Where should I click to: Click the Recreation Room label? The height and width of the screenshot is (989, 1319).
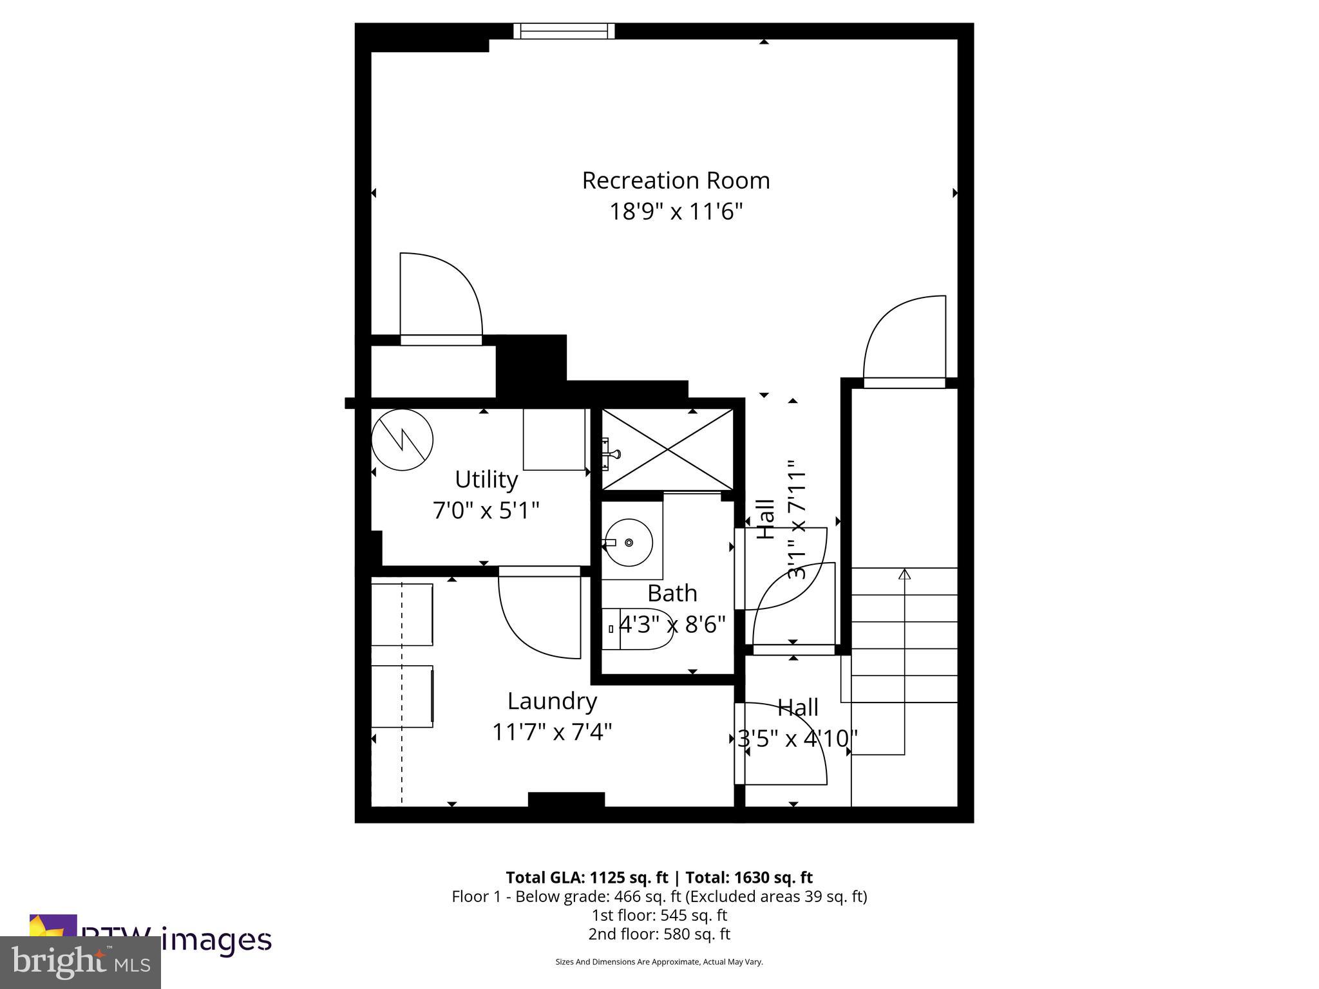tap(676, 180)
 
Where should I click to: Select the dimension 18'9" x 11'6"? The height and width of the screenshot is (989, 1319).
tap(676, 211)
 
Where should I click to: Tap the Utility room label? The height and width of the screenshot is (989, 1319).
tap(486, 480)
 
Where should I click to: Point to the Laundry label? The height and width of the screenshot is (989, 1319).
tap(552, 701)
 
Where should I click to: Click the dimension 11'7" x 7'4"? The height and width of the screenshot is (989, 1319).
tap(552, 732)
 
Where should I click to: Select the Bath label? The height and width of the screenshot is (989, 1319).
tap(672, 592)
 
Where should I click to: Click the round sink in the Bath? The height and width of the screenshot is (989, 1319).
tap(628, 543)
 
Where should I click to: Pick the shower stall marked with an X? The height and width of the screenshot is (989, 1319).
tap(667, 449)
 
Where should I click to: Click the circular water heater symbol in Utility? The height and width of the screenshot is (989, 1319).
tap(402, 440)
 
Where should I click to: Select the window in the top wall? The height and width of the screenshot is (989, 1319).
tap(564, 31)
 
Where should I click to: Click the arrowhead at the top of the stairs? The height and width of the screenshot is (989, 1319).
tap(904, 574)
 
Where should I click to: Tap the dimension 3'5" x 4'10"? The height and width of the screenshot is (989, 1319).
tap(797, 739)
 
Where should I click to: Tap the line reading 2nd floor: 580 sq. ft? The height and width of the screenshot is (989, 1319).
tap(659, 934)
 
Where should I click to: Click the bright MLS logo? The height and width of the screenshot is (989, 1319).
tap(81, 962)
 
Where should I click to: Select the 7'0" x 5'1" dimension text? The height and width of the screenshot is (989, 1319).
tap(486, 511)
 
